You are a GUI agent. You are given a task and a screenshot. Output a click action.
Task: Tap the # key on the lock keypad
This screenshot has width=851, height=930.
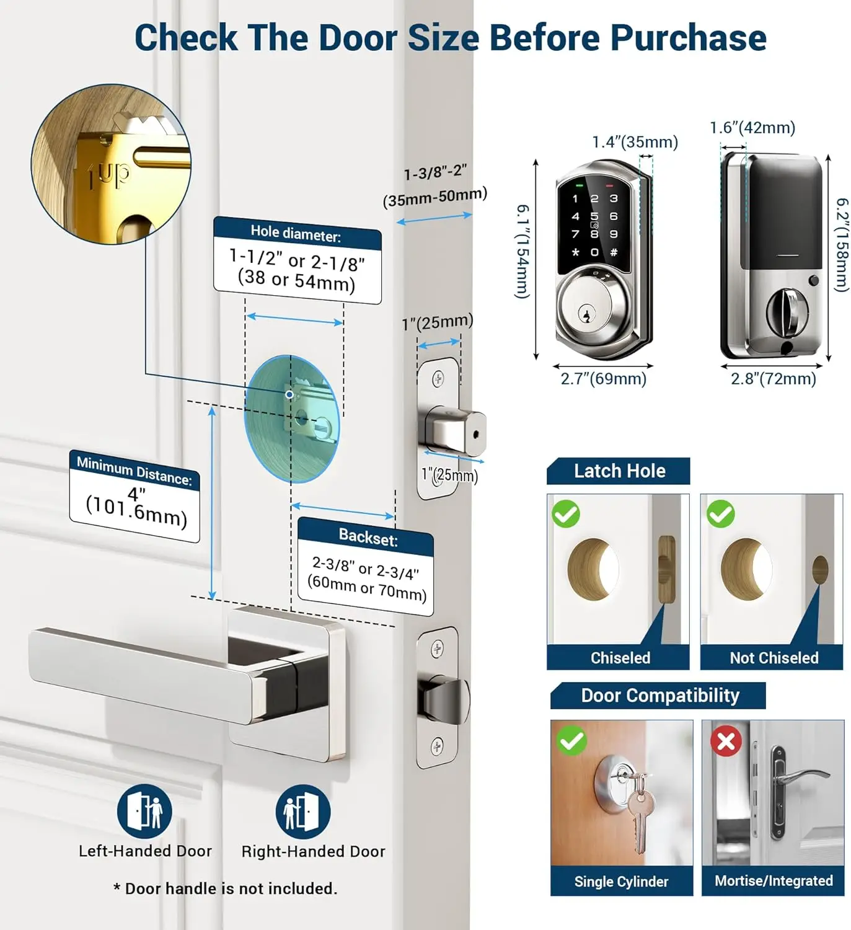click(614, 252)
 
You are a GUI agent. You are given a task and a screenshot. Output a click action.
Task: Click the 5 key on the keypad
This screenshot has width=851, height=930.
click(594, 216)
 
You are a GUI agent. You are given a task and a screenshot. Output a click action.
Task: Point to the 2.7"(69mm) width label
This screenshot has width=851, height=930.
click(603, 379)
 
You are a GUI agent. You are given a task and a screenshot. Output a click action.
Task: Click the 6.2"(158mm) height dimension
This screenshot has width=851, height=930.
click(842, 245)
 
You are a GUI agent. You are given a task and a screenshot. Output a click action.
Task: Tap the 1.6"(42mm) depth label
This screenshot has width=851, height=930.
click(752, 128)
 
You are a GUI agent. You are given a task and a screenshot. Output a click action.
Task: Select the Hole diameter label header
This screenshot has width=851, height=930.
click(296, 234)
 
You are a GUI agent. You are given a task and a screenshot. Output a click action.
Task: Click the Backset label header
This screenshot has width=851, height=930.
click(368, 537)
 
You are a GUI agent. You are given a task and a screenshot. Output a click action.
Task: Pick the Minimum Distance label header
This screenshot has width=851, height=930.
click(134, 471)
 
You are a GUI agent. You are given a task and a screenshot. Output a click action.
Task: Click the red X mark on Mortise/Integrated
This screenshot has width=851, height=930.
click(726, 741)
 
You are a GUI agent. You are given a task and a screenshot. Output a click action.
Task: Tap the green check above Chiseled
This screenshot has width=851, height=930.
click(565, 514)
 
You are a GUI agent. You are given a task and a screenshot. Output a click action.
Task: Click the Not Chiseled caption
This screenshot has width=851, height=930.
click(774, 658)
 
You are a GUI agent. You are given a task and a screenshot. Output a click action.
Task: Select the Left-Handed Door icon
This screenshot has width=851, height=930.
click(145, 812)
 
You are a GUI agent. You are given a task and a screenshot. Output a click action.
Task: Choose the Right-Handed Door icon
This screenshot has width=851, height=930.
click(302, 812)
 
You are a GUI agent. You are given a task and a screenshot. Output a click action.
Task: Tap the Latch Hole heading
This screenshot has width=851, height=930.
click(619, 471)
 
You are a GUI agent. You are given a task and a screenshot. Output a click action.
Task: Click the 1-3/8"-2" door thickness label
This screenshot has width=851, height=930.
click(435, 173)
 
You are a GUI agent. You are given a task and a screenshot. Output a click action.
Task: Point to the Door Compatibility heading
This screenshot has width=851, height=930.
click(659, 696)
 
